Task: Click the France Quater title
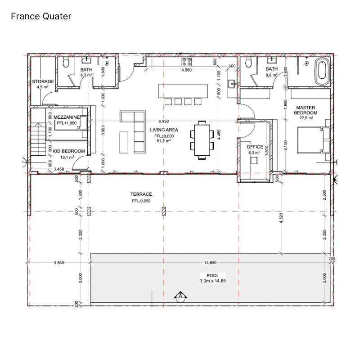point(41,16)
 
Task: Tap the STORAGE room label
point(43,81)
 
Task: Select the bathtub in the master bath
point(322,72)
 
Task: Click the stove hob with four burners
point(186,62)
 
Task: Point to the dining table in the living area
point(202,140)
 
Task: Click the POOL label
point(212,275)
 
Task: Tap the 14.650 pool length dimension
point(210,262)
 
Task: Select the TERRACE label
point(141,194)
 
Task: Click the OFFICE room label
point(255,147)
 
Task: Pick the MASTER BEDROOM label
point(306,110)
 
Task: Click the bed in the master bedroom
point(314,140)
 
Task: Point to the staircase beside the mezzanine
point(38,139)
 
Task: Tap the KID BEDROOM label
point(69,151)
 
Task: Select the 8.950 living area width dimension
point(163,121)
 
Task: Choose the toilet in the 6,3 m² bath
point(66,63)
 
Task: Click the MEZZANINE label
point(67,117)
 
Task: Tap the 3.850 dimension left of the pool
point(59,262)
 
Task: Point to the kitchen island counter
point(183,91)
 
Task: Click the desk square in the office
point(254,161)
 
